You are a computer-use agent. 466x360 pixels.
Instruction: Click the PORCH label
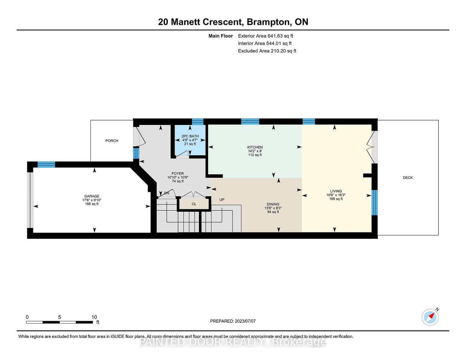(112, 141)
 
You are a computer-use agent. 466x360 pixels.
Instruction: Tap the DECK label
(408, 178)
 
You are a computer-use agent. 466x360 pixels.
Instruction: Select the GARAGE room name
(92, 196)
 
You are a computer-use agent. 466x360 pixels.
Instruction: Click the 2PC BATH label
(190, 136)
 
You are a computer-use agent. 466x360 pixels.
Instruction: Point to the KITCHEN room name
(255, 147)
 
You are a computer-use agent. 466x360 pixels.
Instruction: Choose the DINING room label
(273, 204)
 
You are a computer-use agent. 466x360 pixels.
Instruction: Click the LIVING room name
(336, 191)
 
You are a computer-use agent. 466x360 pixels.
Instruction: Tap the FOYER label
(178, 173)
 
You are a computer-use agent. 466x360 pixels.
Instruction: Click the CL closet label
(194, 204)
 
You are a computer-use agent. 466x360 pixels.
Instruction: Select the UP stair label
(222, 200)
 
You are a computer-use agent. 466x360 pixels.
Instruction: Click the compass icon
(430, 317)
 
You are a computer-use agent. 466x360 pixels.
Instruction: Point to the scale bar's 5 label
(59, 317)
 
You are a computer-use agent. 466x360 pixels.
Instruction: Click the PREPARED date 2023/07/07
(245, 321)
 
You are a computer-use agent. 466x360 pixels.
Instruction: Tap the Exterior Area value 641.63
(275, 36)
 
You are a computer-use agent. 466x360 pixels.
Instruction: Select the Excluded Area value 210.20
(278, 51)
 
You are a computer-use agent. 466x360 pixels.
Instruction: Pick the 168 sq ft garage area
(92, 204)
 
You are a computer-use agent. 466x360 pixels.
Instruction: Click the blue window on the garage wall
(46, 164)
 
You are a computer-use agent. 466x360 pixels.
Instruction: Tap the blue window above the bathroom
(198, 121)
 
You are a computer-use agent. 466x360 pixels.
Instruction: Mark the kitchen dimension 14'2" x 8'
(255, 151)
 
